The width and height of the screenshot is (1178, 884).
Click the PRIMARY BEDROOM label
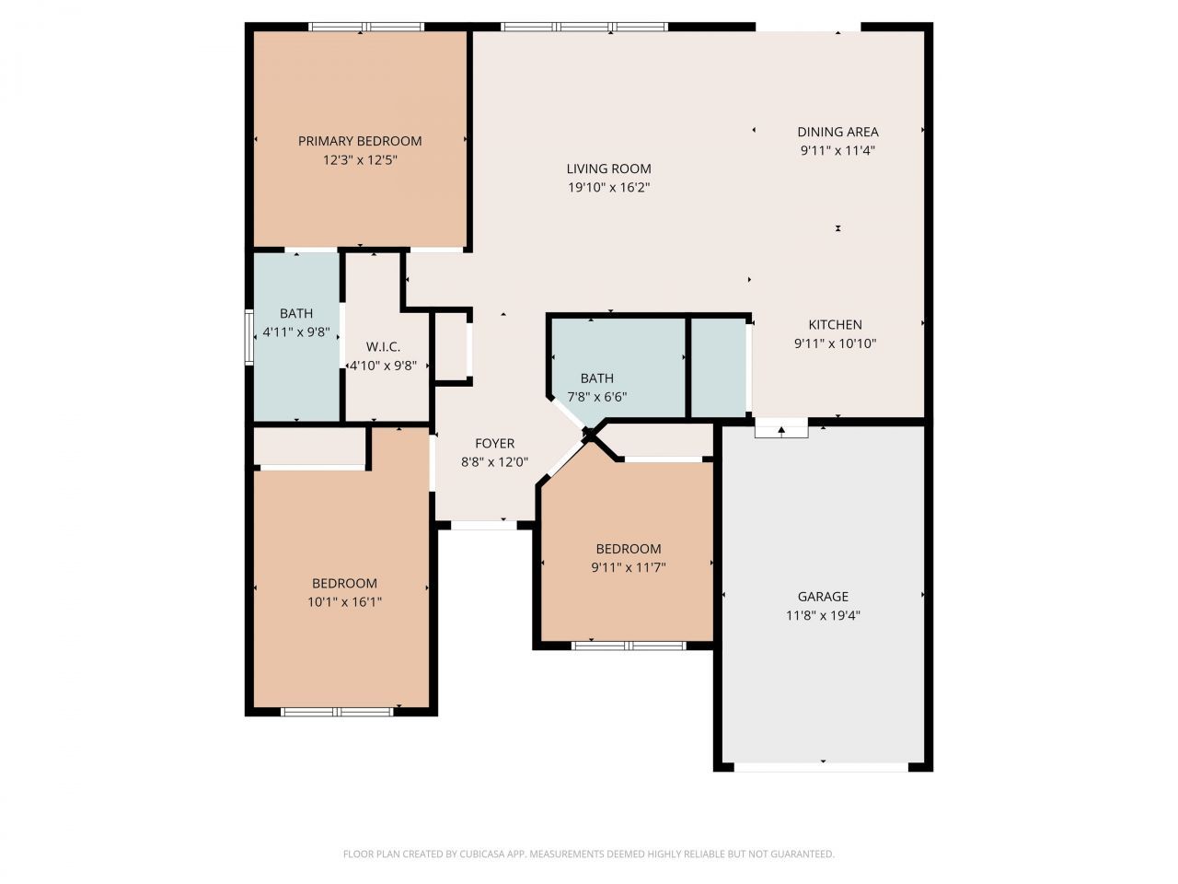click(360, 141)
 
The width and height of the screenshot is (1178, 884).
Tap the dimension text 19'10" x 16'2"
click(608, 188)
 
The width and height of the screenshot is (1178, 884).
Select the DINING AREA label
click(837, 132)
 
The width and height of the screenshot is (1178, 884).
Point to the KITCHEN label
click(835, 324)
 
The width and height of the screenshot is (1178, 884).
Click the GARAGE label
click(823, 597)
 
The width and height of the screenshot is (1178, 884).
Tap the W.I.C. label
click(383, 346)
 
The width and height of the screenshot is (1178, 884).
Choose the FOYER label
click(494, 443)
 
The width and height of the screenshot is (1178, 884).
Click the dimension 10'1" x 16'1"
click(344, 602)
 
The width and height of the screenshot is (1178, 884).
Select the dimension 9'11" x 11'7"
click(628, 568)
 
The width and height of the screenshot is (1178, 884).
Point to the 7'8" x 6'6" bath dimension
click(596, 397)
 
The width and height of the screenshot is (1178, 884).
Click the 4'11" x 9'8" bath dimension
click(295, 331)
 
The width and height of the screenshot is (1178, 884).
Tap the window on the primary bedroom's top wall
click(365, 27)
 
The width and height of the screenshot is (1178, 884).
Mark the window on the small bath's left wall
click(248, 337)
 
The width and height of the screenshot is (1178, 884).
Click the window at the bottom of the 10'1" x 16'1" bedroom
click(337, 711)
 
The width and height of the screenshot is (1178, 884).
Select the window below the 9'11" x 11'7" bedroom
click(629, 646)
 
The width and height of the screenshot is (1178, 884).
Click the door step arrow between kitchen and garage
click(781, 429)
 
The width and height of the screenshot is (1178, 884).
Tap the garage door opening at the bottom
click(822, 766)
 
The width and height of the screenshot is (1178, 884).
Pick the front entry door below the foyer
click(483, 525)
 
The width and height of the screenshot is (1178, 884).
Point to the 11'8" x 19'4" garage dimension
click(823, 616)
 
